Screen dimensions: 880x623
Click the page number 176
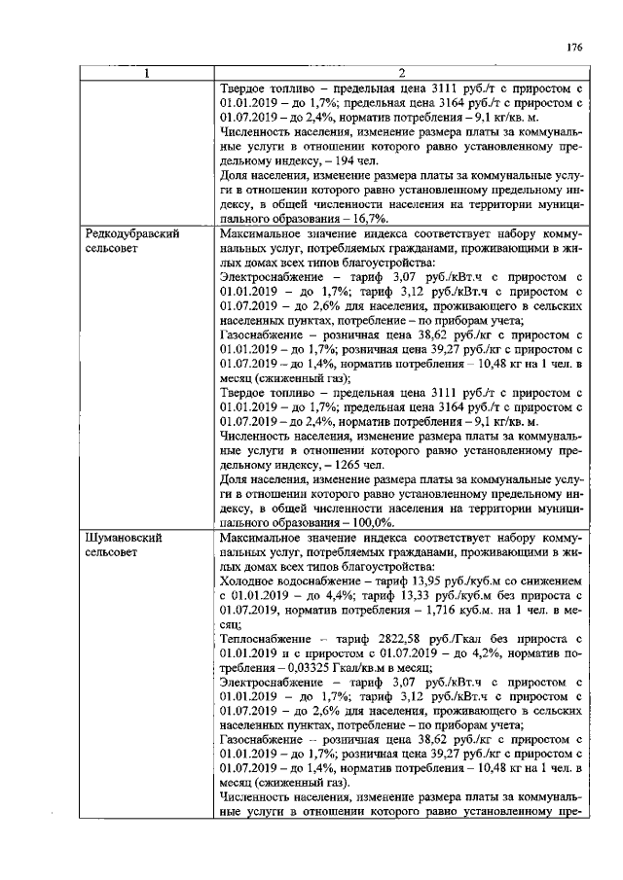click(573, 47)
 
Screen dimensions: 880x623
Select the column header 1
click(147, 72)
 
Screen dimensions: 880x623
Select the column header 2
click(400, 72)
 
